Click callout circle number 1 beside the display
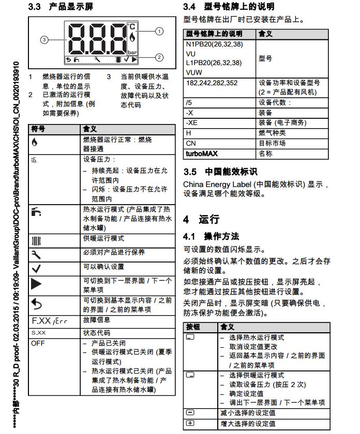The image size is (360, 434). pyautogui.click(x=159, y=32)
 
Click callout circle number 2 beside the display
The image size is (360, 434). pyautogui.click(x=159, y=57)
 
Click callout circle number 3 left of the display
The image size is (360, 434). pyautogui.click(x=45, y=39)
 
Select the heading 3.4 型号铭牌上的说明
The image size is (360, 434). pyautogui.click(x=229, y=7)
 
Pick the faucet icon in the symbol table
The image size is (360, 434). pyautogui.click(x=35, y=212)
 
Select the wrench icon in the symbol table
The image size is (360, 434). pyautogui.click(x=35, y=254)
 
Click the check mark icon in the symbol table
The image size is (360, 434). pyautogui.click(x=35, y=268)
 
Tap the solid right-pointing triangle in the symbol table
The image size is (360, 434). pyautogui.click(x=36, y=284)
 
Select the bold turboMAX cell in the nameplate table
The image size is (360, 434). pyautogui.click(x=202, y=153)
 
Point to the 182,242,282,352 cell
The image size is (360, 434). pyautogui.click(x=212, y=83)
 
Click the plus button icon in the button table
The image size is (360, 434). pyautogui.click(x=190, y=424)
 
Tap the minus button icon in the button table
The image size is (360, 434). pyautogui.click(x=190, y=413)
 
